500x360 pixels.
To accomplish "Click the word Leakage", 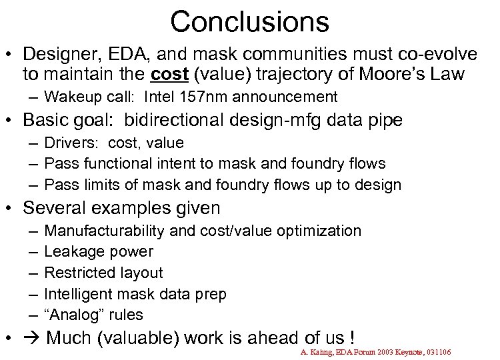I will coord(70,252).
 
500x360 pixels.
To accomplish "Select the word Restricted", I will coord(75,273).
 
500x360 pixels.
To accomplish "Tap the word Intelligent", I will coord(76,294).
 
